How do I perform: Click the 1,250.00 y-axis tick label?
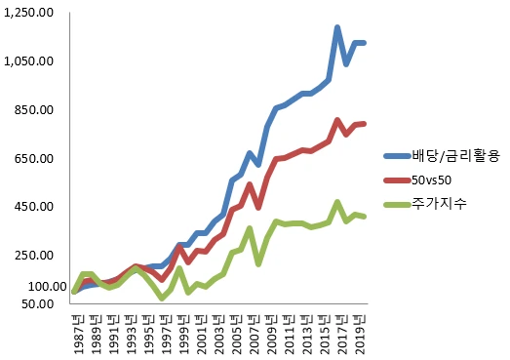click(x=28, y=13)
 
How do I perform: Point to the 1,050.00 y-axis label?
click(x=28, y=60)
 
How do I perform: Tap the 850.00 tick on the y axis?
click(x=33, y=109)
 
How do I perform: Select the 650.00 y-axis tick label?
click(x=33, y=158)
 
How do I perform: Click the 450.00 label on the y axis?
click(x=33, y=207)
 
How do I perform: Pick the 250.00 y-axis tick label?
click(x=33, y=256)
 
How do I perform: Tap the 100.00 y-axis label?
click(x=48, y=287)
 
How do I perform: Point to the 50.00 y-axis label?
click(x=37, y=304)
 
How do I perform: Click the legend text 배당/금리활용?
click(x=455, y=156)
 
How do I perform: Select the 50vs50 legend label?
click(x=431, y=180)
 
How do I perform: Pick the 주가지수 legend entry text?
click(x=439, y=204)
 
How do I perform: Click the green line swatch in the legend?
click(x=397, y=205)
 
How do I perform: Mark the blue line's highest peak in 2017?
click(x=337, y=27)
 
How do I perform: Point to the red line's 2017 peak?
click(x=337, y=120)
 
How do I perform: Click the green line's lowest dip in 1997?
click(x=162, y=299)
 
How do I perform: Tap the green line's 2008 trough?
click(x=258, y=264)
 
